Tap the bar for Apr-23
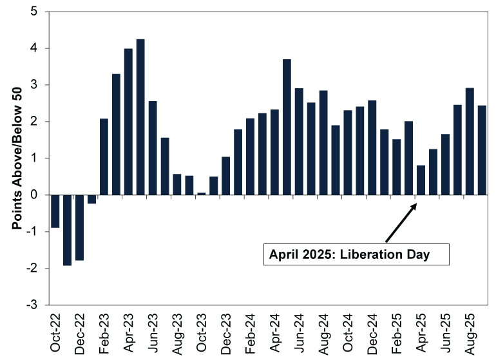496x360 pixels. click(128, 122)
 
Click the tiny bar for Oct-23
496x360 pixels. click(202, 193)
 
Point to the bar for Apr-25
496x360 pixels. click(421, 180)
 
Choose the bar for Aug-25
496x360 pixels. click(470, 141)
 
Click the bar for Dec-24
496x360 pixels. click(372, 147)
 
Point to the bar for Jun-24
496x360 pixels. click(299, 142)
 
